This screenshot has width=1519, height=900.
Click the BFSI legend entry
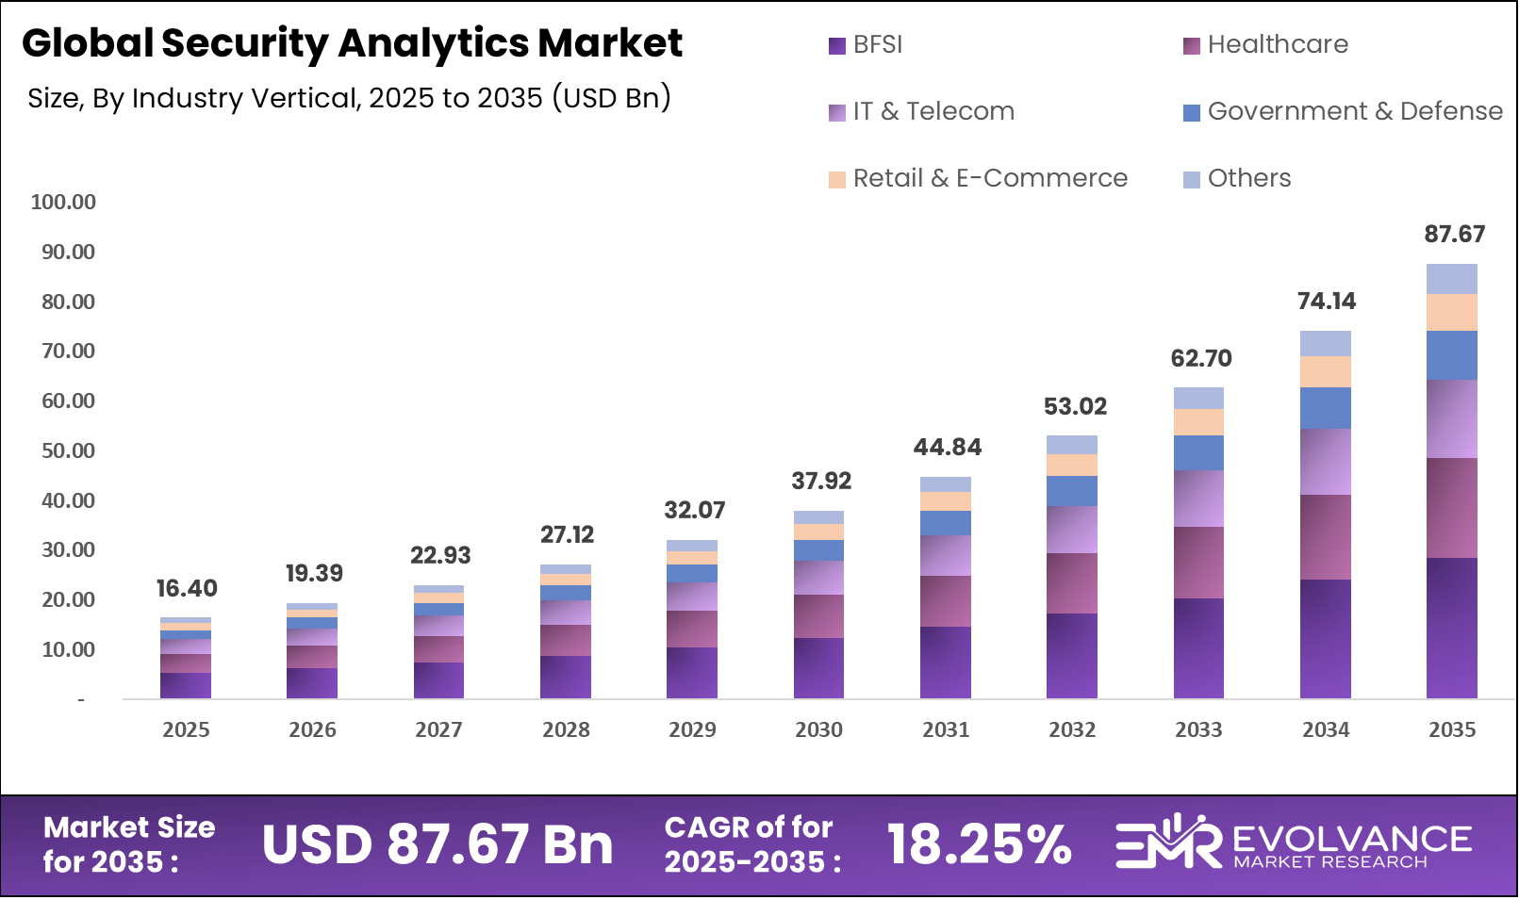(866, 44)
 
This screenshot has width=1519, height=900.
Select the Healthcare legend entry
(1265, 44)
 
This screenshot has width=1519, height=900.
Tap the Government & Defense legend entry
(1343, 111)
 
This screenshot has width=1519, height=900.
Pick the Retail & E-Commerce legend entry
(978, 178)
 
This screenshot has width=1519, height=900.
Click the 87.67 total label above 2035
(1453, 234)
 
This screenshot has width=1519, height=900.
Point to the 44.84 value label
(947, 447)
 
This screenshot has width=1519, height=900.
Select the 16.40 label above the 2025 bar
(186, 588)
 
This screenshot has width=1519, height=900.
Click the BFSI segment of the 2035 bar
(1451, 628)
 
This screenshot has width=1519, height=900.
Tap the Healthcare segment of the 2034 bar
(1325, 537)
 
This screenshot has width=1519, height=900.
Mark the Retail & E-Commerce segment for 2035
(1451, 312)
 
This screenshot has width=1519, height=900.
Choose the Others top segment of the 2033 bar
(1198, 398)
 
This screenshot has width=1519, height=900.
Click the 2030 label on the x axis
(818, 729)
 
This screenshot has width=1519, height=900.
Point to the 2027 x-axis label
(438, 729)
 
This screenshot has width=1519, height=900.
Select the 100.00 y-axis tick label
(63, 202)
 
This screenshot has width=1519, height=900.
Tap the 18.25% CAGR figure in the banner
(979, 844)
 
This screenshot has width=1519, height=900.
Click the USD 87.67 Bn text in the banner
(438, 844)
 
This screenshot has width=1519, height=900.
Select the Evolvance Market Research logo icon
(1167, 841)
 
